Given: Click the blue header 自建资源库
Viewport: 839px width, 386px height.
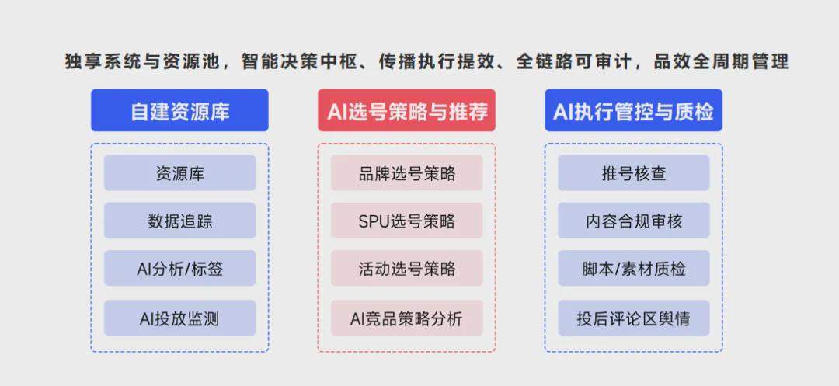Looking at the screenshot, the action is tap(179, 110).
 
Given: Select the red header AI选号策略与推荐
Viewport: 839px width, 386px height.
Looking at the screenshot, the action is tap(406, 110).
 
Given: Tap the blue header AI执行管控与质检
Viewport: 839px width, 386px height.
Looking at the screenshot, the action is tap(634, 110).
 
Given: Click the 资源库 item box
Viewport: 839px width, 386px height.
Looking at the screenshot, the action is tap(179, 172).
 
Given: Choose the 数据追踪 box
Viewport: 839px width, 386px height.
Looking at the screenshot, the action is tap(179, 221).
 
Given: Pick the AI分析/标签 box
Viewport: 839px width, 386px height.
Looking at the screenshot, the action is tap(179, 268).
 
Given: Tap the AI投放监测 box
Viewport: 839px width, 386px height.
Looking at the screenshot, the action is tap(179, 318).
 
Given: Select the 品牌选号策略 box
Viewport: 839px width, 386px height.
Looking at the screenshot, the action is tap(406, 172).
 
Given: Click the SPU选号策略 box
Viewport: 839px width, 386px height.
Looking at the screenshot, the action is tap(406, 221).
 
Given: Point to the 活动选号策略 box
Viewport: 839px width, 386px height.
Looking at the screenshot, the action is tap(406, 268).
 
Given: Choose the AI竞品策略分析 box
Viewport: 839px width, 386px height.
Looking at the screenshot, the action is tap(406, 318).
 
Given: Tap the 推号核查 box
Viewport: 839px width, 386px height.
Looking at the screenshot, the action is tap(634, 172).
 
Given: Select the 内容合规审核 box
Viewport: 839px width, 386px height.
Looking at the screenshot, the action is tap(634, 221).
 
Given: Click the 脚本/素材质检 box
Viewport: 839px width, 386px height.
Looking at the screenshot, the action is tap(634, 268).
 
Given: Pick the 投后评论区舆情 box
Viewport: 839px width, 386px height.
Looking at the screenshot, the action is tap(634, 318).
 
